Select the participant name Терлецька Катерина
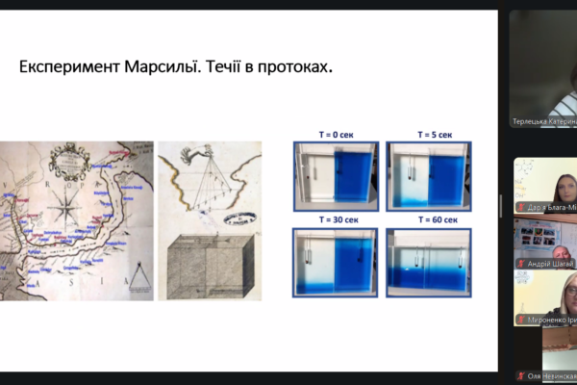click(544, 122)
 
